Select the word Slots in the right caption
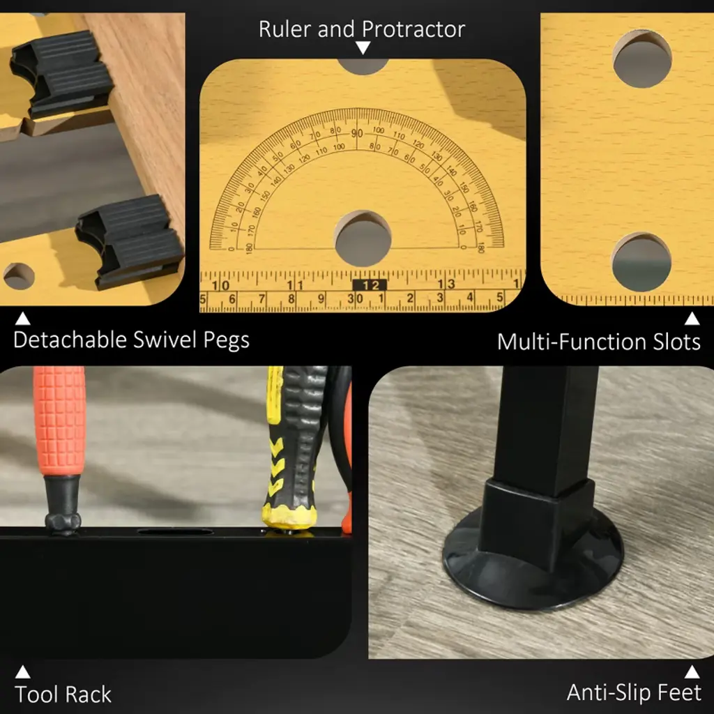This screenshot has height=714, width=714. click(676, 342)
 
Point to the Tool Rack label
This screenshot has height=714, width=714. click(63, 694)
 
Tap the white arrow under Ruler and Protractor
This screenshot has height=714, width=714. click(363, 48)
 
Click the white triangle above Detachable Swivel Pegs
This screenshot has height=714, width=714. click(23, 318)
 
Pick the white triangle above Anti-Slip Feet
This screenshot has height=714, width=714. click(692, 671)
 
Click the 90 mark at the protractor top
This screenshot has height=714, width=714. click(357, 133)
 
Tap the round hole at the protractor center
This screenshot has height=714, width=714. click(363, 238)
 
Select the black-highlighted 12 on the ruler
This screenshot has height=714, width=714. click(370, 285)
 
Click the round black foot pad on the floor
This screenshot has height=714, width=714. click(533, 559)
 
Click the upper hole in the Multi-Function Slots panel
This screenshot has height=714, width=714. click(642, 59)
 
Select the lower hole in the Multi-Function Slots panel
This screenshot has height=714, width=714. click(641, 262)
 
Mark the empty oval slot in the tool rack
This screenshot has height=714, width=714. click(175, 532)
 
